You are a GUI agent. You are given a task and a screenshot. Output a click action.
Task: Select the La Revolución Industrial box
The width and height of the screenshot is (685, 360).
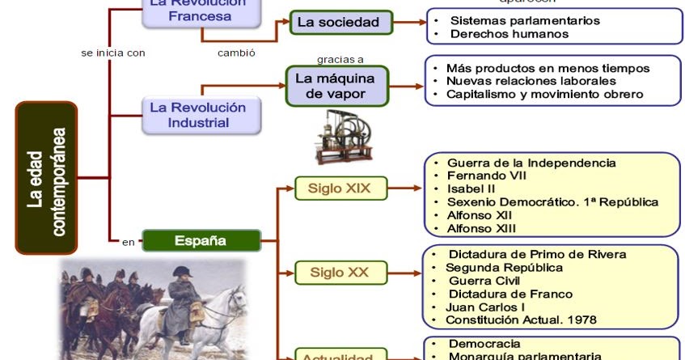(199, 115)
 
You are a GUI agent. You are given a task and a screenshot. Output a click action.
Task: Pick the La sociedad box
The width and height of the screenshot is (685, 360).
(341, 23)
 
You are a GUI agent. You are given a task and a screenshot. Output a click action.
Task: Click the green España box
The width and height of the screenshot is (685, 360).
(201, 240)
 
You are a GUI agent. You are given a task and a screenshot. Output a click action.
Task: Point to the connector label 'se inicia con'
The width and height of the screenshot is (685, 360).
(112, 53)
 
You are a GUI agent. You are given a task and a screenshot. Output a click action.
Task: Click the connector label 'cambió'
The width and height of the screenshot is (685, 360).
(236, 53)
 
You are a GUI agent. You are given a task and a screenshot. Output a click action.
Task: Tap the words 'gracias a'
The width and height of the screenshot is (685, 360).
(340, 59)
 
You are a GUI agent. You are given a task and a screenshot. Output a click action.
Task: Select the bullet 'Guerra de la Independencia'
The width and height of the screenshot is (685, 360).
(531, 163)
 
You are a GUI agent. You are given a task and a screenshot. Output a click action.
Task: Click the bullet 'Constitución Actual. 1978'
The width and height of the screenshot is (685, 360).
(521, 320)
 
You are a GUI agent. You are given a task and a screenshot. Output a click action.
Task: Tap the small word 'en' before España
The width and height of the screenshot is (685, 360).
(128, 241)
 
